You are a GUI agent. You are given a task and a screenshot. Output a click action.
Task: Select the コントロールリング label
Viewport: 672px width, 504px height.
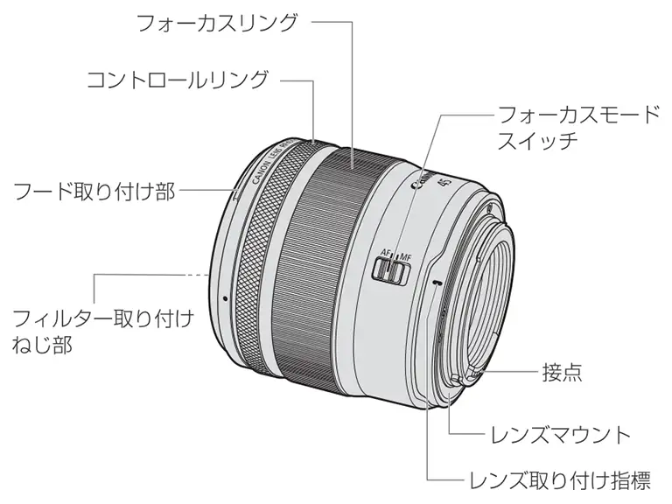pos(177,80)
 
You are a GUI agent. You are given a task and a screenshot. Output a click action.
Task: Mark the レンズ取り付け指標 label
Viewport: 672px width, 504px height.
pos(560,480)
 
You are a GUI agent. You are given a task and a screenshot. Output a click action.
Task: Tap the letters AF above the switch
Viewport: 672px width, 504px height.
pos(385,254)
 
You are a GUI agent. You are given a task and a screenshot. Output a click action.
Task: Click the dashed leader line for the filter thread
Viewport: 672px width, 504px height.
pos(197,274)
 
